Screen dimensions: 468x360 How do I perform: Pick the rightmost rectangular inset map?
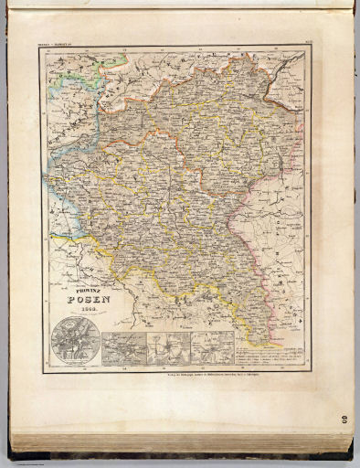tap(209, 349)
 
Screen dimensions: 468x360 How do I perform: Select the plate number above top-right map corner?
tap(304, 43)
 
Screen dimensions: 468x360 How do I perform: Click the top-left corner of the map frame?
tap(40, 48)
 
